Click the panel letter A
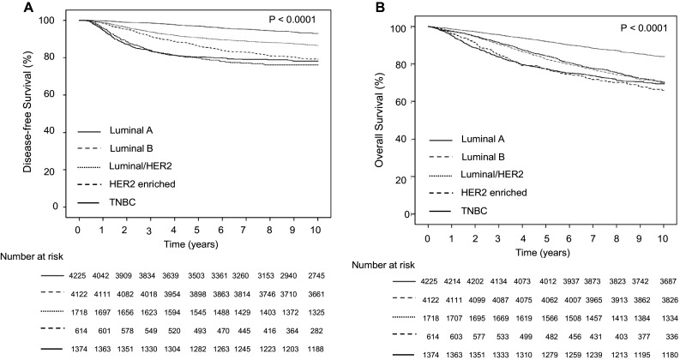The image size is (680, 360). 9,8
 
